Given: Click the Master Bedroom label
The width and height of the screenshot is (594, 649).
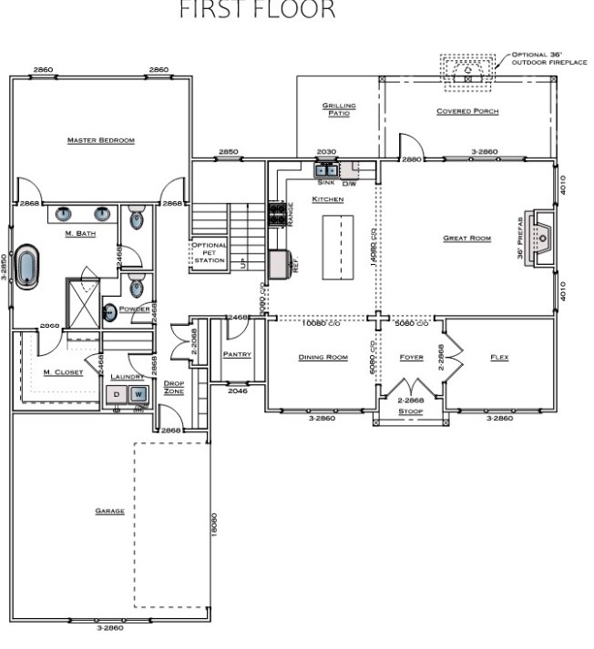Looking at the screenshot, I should pos(101,140).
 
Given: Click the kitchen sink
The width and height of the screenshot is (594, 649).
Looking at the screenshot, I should pos(326,169).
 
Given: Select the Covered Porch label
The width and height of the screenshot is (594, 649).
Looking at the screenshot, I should pos(467,111).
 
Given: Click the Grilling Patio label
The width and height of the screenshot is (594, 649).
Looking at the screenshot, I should pos(338,109).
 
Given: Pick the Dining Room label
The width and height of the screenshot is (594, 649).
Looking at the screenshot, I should pos(323,357).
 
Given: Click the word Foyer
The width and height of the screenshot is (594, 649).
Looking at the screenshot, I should pos(412,357).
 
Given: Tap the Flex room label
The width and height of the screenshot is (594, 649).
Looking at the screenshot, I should pos(499,357).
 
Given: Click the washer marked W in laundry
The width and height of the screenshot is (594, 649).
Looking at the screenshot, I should pos(138,394).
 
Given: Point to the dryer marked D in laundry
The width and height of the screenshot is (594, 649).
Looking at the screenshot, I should pos(117,394).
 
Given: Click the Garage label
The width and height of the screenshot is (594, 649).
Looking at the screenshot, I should pos(109,511).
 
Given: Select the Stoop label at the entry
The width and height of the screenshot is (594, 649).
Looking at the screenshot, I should pos(412,411).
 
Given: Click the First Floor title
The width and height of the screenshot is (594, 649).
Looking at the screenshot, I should pos(258,12).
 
